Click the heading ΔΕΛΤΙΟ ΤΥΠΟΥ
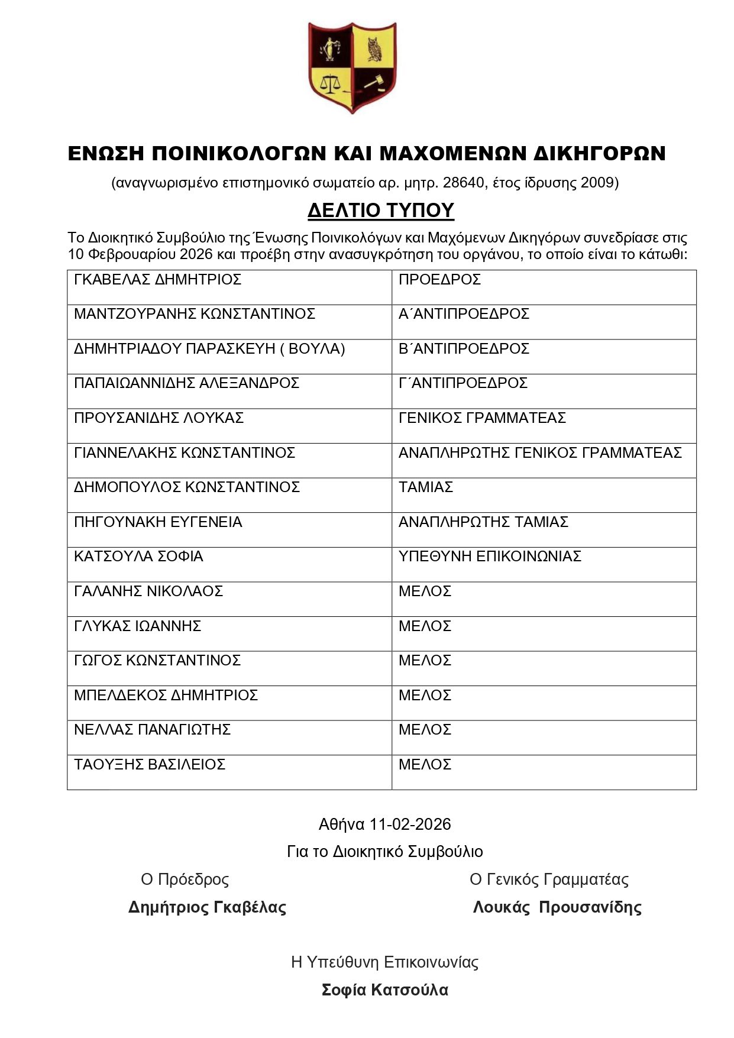coord(380,210)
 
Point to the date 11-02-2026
coord(410,824)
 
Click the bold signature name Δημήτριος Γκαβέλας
coord(207,907)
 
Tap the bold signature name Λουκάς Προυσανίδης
coord(557,907)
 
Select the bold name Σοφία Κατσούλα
coord(384,990)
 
